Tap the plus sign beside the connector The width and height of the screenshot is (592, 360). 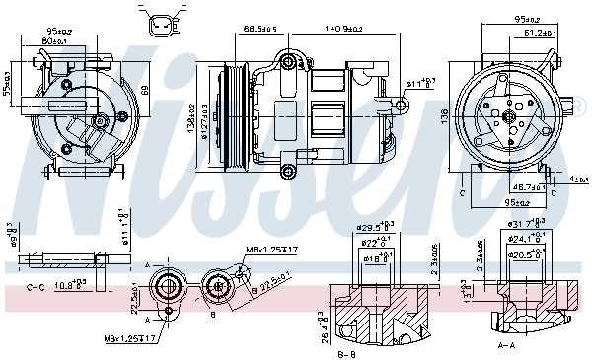tap(183, 6)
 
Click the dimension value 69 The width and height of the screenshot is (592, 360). tap(142, 90)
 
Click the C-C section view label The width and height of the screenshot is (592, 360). tap(37, 287)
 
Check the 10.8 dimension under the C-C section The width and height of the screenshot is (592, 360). tap(69, 286)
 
